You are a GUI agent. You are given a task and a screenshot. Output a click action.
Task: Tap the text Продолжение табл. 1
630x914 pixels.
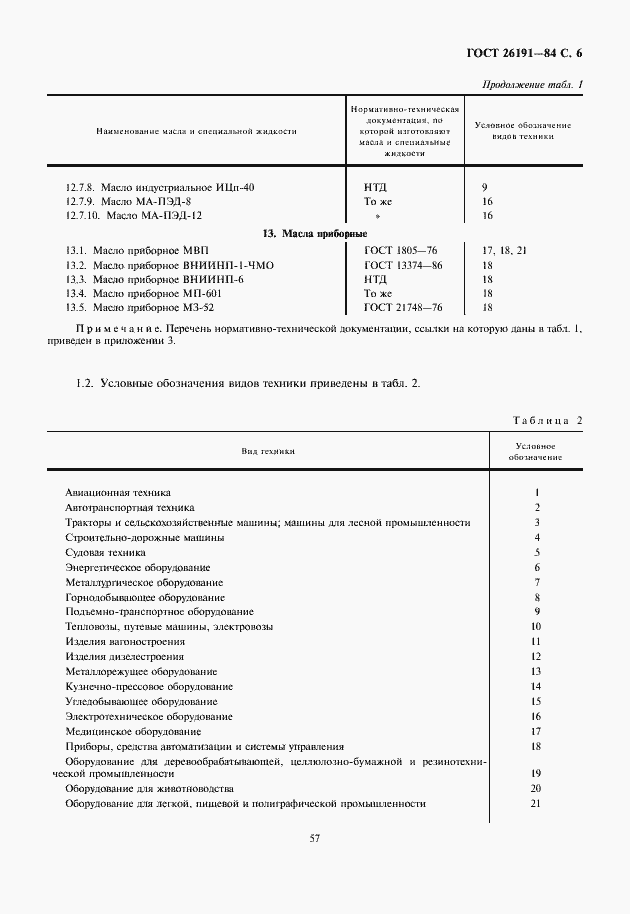point(532,84)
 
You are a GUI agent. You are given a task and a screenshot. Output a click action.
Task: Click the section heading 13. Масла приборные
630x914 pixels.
point(302,233)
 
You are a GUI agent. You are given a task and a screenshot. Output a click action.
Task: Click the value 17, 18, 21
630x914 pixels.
point(504,250)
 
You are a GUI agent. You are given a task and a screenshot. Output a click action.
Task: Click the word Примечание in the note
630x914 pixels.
point(112,328)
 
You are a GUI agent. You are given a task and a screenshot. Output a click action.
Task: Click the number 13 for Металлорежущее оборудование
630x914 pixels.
point(536,671)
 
